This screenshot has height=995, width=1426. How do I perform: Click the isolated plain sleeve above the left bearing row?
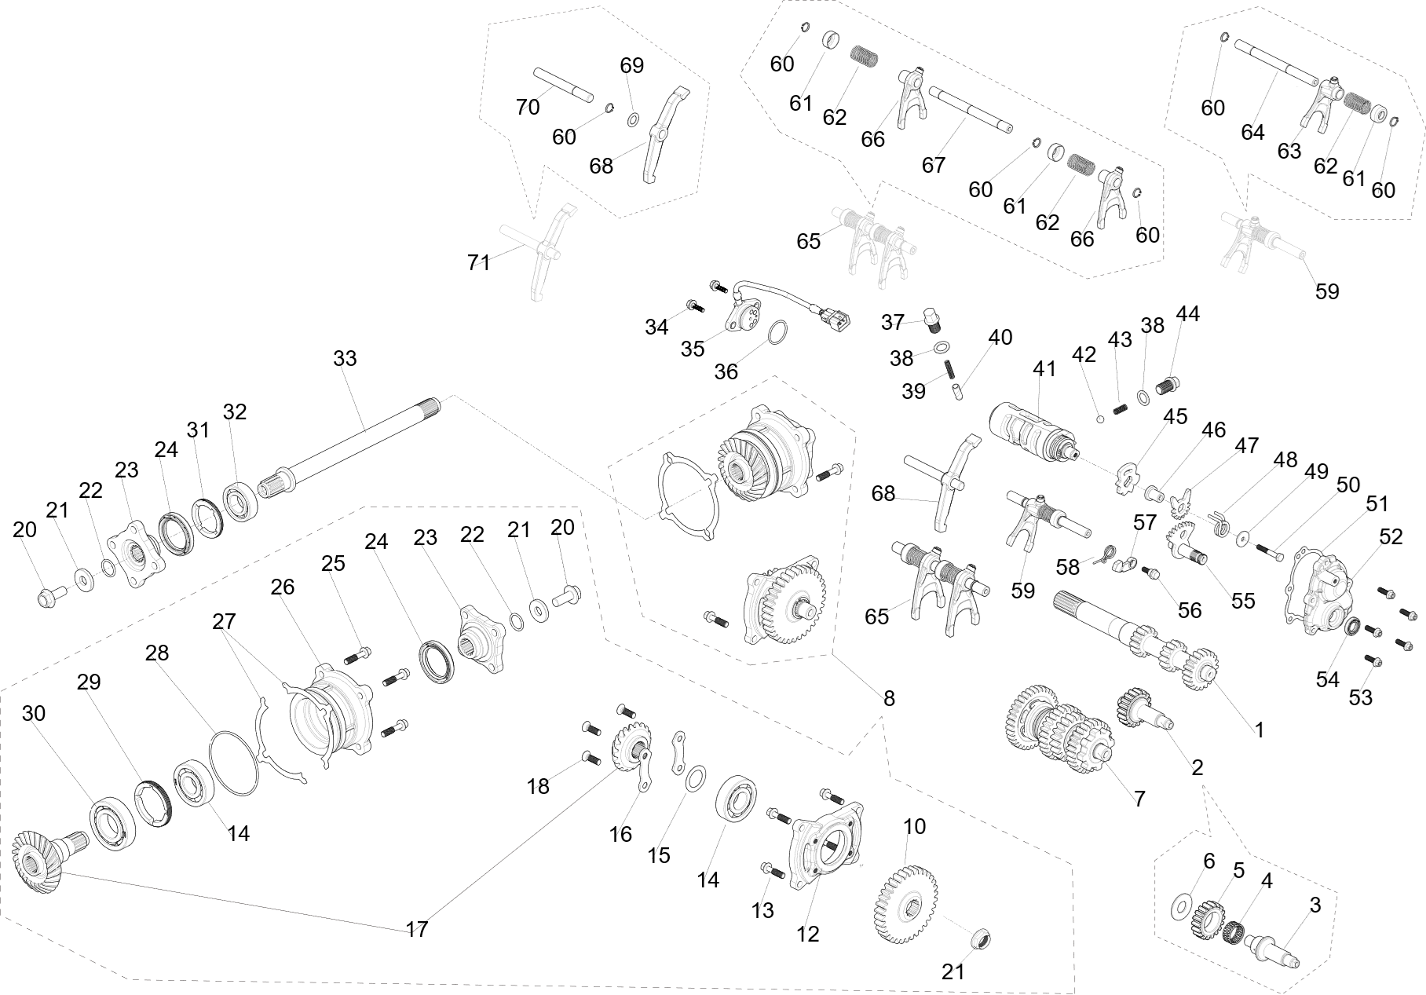pos(427,408)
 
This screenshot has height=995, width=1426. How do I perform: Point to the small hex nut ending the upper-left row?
pos(46,599)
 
